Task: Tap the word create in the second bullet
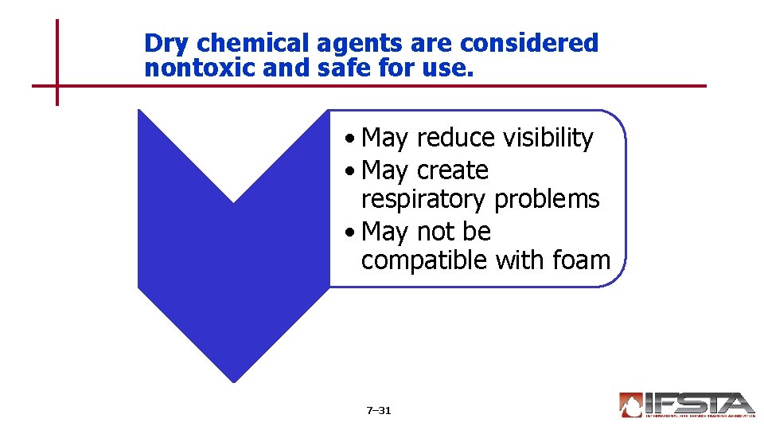coord(452,170)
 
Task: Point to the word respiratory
coord(423,199)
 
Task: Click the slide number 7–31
coord(379,411)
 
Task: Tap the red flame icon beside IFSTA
coord(630,405)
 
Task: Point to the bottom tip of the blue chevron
coord(233,381)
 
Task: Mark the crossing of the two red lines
coord(57,85)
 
